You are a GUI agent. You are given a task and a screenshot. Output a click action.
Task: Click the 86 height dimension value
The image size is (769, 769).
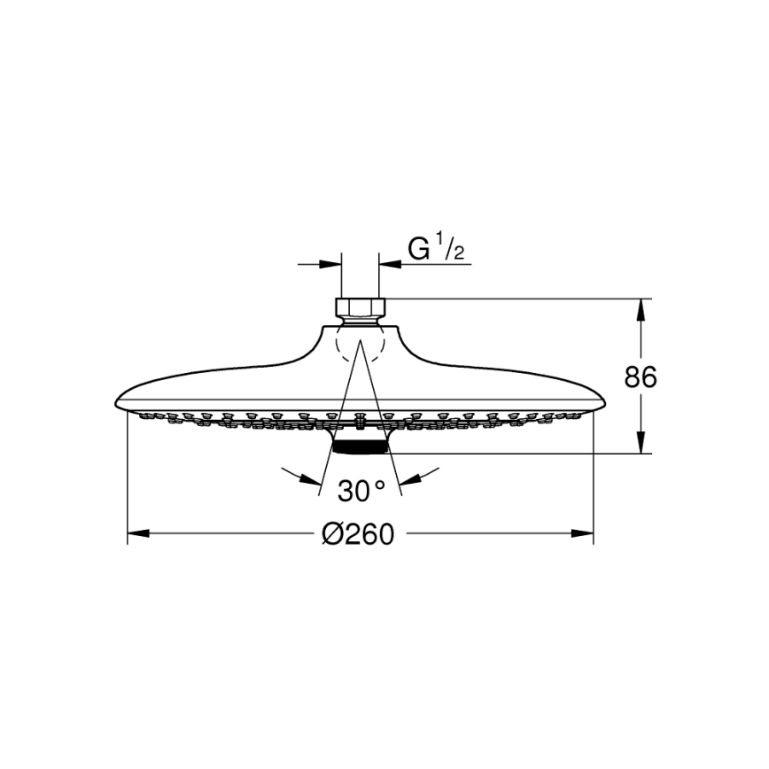641,377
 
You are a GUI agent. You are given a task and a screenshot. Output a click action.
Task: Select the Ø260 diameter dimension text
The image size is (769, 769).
358,534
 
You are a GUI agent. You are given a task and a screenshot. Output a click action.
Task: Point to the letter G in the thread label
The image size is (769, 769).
418,249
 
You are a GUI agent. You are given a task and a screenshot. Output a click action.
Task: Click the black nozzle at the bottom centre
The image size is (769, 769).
361,445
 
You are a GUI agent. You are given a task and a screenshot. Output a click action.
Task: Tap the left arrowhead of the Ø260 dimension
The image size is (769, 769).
136,534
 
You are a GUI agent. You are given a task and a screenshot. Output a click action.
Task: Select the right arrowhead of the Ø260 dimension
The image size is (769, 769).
584,534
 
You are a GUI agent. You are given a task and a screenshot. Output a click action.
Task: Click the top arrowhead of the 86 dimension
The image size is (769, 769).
641,306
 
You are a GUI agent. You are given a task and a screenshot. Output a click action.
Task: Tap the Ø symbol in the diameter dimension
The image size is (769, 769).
331,534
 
